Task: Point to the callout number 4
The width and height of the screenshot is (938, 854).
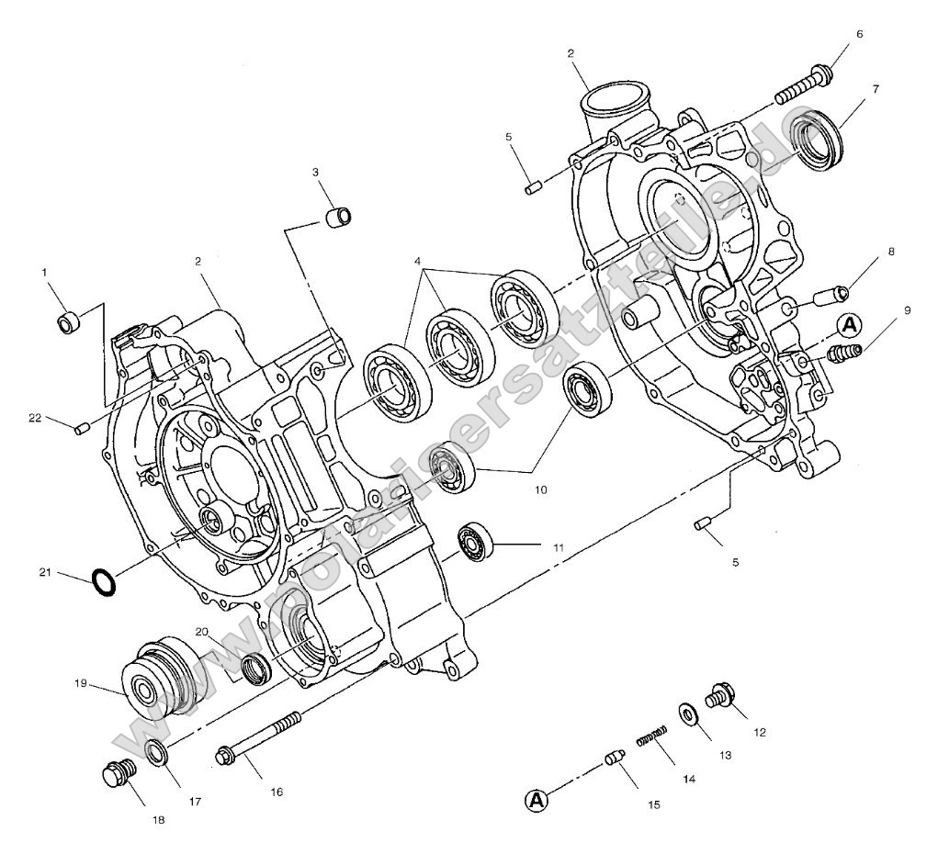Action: click(419, 262)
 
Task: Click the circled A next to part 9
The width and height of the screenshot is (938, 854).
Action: click(850, 323)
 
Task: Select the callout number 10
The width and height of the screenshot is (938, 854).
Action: click(540, 489)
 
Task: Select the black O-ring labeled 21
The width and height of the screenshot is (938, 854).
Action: click(104, 582)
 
